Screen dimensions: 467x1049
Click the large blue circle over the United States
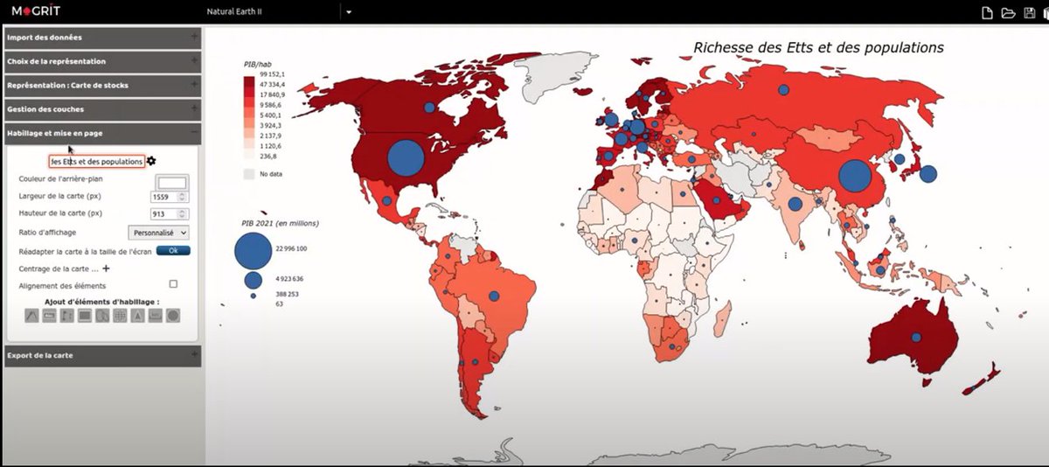405,158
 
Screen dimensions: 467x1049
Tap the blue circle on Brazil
494,296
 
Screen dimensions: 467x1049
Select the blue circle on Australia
916,337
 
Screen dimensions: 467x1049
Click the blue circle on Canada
429,107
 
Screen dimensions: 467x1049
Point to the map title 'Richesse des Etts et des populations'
818,47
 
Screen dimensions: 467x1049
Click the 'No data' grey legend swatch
249,174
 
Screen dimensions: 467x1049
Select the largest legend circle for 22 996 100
253,249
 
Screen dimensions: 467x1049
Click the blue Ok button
173,250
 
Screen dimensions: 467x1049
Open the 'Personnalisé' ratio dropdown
158,233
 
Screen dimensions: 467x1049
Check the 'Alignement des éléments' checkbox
173,284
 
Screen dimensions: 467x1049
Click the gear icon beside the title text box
151,161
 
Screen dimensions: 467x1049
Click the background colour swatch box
171,182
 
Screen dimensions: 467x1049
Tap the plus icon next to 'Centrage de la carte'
107,268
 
